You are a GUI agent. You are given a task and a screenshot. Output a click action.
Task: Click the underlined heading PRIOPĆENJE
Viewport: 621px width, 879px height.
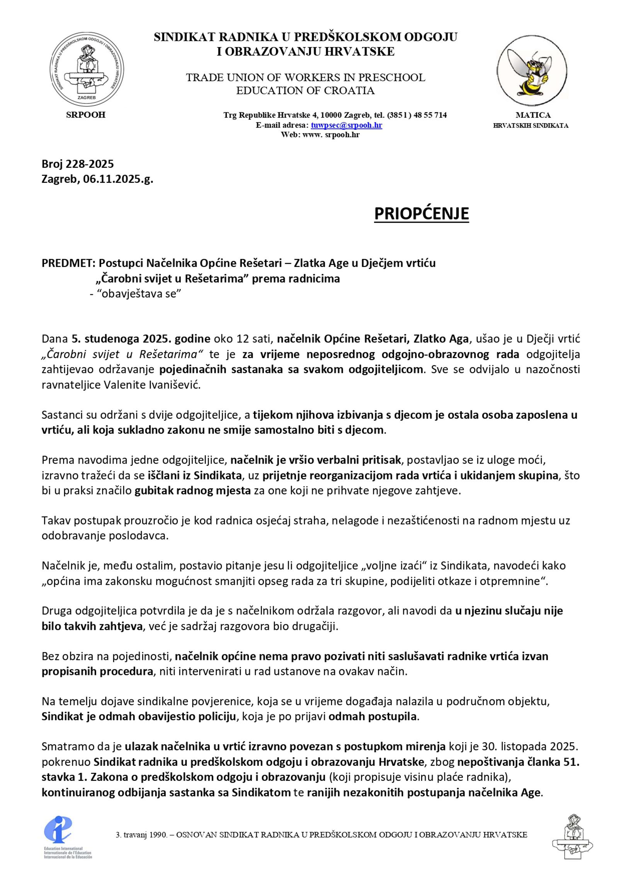tap(421, 214)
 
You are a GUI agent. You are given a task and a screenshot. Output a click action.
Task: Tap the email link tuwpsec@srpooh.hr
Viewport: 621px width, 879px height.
tap(346, 125)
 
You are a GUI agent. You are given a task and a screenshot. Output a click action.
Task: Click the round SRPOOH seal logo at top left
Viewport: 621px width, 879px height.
tap(87, 68)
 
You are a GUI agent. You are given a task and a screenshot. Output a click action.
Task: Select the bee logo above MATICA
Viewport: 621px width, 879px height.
tap(532, 70)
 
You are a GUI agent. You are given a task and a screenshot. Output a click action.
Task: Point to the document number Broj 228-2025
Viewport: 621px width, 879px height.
tap(78, 164)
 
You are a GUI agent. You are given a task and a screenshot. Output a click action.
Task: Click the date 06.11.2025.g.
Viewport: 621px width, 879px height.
tap(118, 179)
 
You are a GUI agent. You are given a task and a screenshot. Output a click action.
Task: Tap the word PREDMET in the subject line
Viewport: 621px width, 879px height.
tap(68, 263)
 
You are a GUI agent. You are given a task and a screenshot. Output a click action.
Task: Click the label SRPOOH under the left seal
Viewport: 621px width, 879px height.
tap(86, 115)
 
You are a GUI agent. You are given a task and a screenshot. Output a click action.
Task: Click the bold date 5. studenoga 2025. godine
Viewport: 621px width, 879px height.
tap(141, 339)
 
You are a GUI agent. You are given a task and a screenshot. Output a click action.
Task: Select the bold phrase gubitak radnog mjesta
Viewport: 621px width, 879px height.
tap(192, 491)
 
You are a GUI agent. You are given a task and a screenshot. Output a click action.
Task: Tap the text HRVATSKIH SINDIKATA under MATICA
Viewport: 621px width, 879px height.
tap(530, 126)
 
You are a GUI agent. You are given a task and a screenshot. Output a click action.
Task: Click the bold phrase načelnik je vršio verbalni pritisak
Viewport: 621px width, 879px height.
tap(315, 460)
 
